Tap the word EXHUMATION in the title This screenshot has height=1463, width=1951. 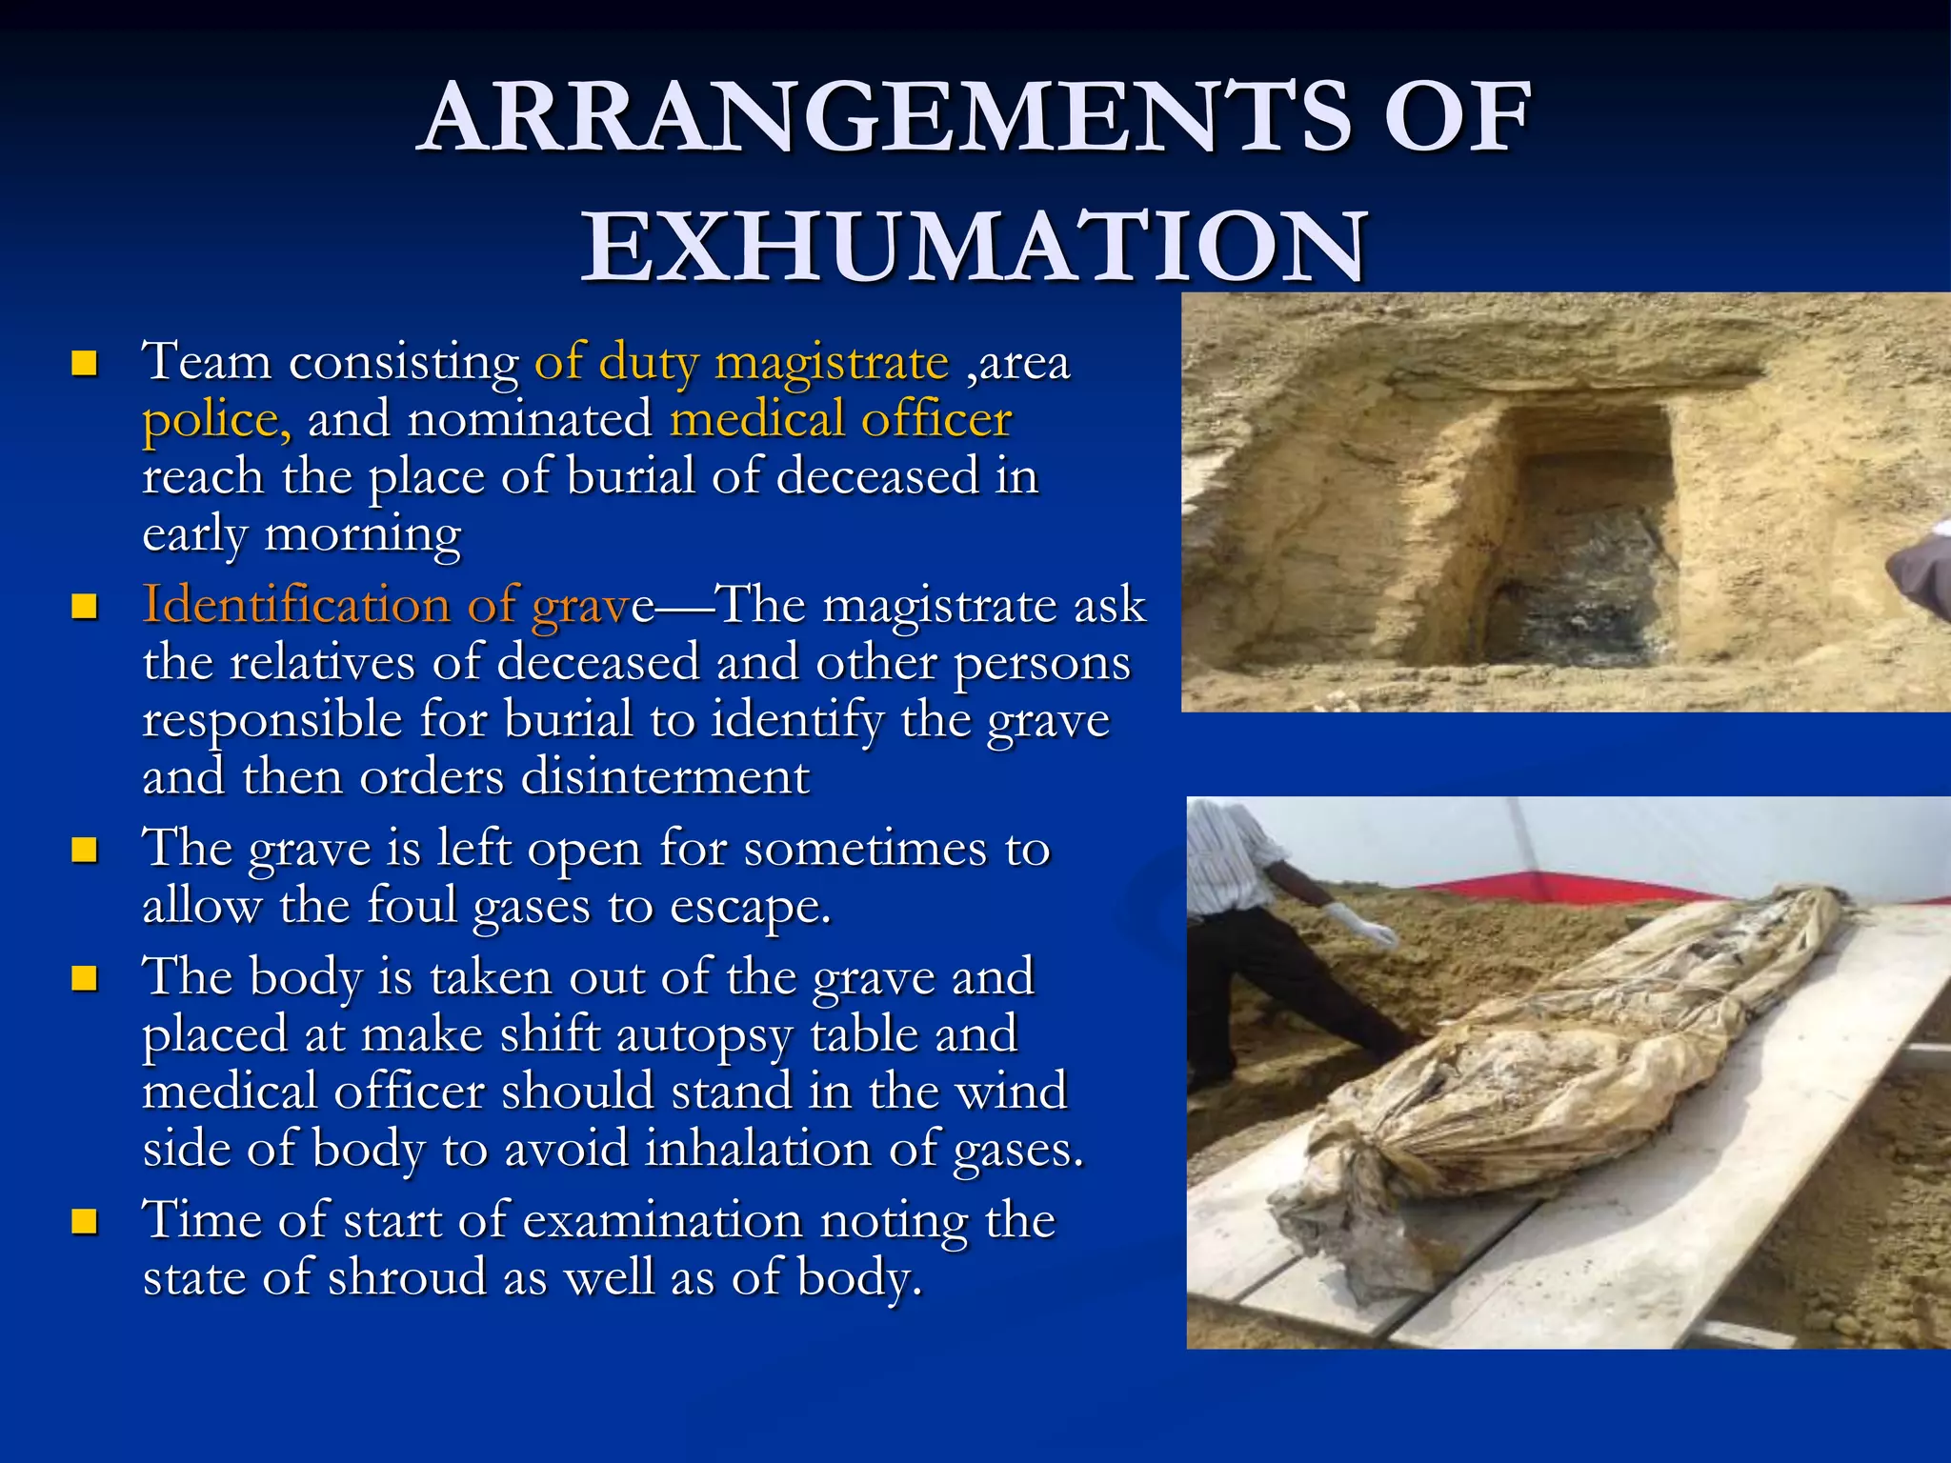975,247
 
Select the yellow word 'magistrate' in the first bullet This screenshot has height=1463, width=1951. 832,363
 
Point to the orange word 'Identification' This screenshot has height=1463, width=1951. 295,605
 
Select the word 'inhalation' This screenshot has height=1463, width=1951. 758,1149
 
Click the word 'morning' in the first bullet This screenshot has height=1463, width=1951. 362,534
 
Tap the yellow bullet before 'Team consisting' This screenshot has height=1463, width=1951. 85,363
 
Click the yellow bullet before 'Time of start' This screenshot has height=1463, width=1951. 85,1221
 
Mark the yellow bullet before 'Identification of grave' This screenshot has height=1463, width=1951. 85,606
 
